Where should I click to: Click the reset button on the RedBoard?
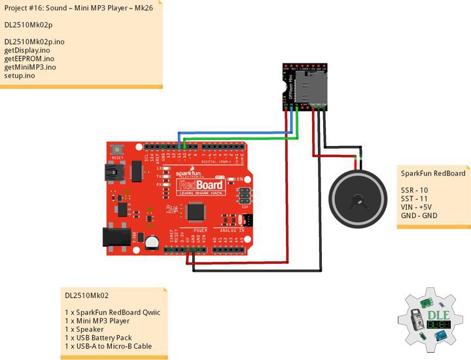118,149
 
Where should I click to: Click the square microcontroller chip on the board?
195,211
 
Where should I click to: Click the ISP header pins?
243,195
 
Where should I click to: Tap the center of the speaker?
358,198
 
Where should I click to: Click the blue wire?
235,133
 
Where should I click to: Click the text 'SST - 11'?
414,198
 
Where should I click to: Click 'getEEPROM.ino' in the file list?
27,58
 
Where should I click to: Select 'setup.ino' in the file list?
20,75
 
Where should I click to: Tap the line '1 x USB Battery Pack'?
98,338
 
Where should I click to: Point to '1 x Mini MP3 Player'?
97,321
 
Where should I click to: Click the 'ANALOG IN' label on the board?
232,230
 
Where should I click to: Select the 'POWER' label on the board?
200,230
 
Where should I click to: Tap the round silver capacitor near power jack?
152,242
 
